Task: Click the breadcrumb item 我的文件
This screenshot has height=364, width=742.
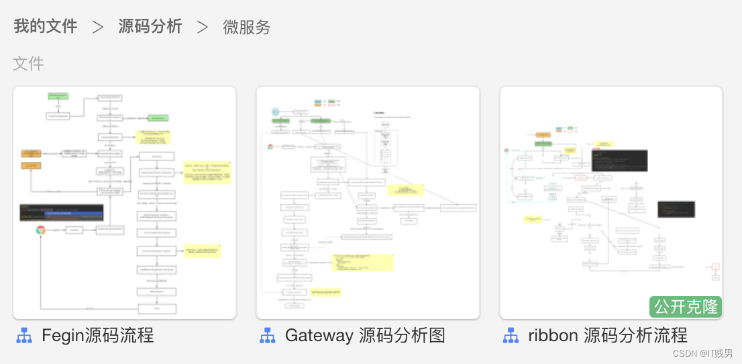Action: coord(46,27)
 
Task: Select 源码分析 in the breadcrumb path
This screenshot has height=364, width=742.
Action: coord(150,27)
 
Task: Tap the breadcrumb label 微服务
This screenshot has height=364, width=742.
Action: coord(247,28)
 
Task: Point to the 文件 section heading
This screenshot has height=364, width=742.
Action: coord(28,64)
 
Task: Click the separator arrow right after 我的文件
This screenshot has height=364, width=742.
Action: coord(98,28)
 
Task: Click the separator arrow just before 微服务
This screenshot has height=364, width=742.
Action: coord(203,28)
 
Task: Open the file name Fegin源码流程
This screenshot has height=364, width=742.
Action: coord(98,335)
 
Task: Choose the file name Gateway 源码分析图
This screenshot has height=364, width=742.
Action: coord(365,335)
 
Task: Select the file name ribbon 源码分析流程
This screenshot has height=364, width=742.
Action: coord(608,335)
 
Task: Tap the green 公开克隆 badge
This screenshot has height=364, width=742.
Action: coord(686,307)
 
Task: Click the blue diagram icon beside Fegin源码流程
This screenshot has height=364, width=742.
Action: coord(24,336)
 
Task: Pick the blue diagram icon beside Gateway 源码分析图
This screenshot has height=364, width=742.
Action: coord(268,336)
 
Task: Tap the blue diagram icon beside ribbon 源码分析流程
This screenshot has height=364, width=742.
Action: coord(511,336)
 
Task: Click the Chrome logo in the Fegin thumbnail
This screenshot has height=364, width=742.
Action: coord(41,230)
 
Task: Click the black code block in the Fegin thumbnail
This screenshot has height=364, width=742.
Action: coord(62,213)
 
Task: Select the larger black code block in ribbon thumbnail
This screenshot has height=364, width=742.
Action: coord(619,160)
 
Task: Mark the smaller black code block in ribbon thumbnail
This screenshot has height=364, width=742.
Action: coord(676,209)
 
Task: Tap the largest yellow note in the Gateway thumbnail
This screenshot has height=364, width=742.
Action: coord(362,262)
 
